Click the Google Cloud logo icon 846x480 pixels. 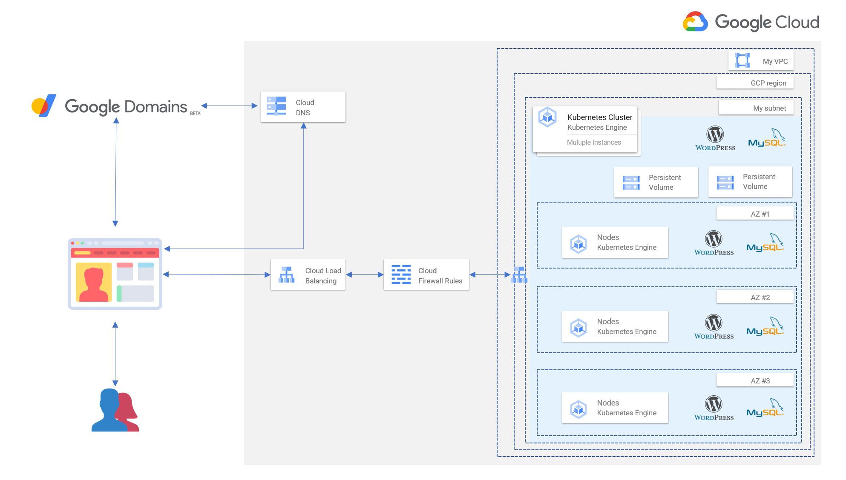[x=695, y=22]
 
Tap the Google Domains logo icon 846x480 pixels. [x=44, y=106]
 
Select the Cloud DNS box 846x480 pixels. [x=303, y=107]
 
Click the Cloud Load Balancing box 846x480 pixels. [x=308, y=275]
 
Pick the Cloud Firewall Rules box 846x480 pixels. [x=426, y=275]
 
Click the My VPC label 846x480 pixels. [x=761, y=61]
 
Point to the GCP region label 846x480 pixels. [x=755, y=83]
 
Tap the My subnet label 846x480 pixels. [x=756, y=108]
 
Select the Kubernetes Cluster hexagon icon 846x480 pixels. [x=547, y=117]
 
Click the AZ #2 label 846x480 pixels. [x=755, y=297]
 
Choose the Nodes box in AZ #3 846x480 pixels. [x=615, y=408]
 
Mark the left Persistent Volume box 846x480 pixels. [x=656, y=182]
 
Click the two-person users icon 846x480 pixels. [x=115, y=410]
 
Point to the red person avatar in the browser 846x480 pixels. [x=94, y=282]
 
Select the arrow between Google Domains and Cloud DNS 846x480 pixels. [x=229, y=106]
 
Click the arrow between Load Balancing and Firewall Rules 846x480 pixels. [x=365, y=275]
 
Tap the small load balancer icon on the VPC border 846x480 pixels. [x=519, y=275]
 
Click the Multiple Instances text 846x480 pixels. [x=594, y=142]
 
